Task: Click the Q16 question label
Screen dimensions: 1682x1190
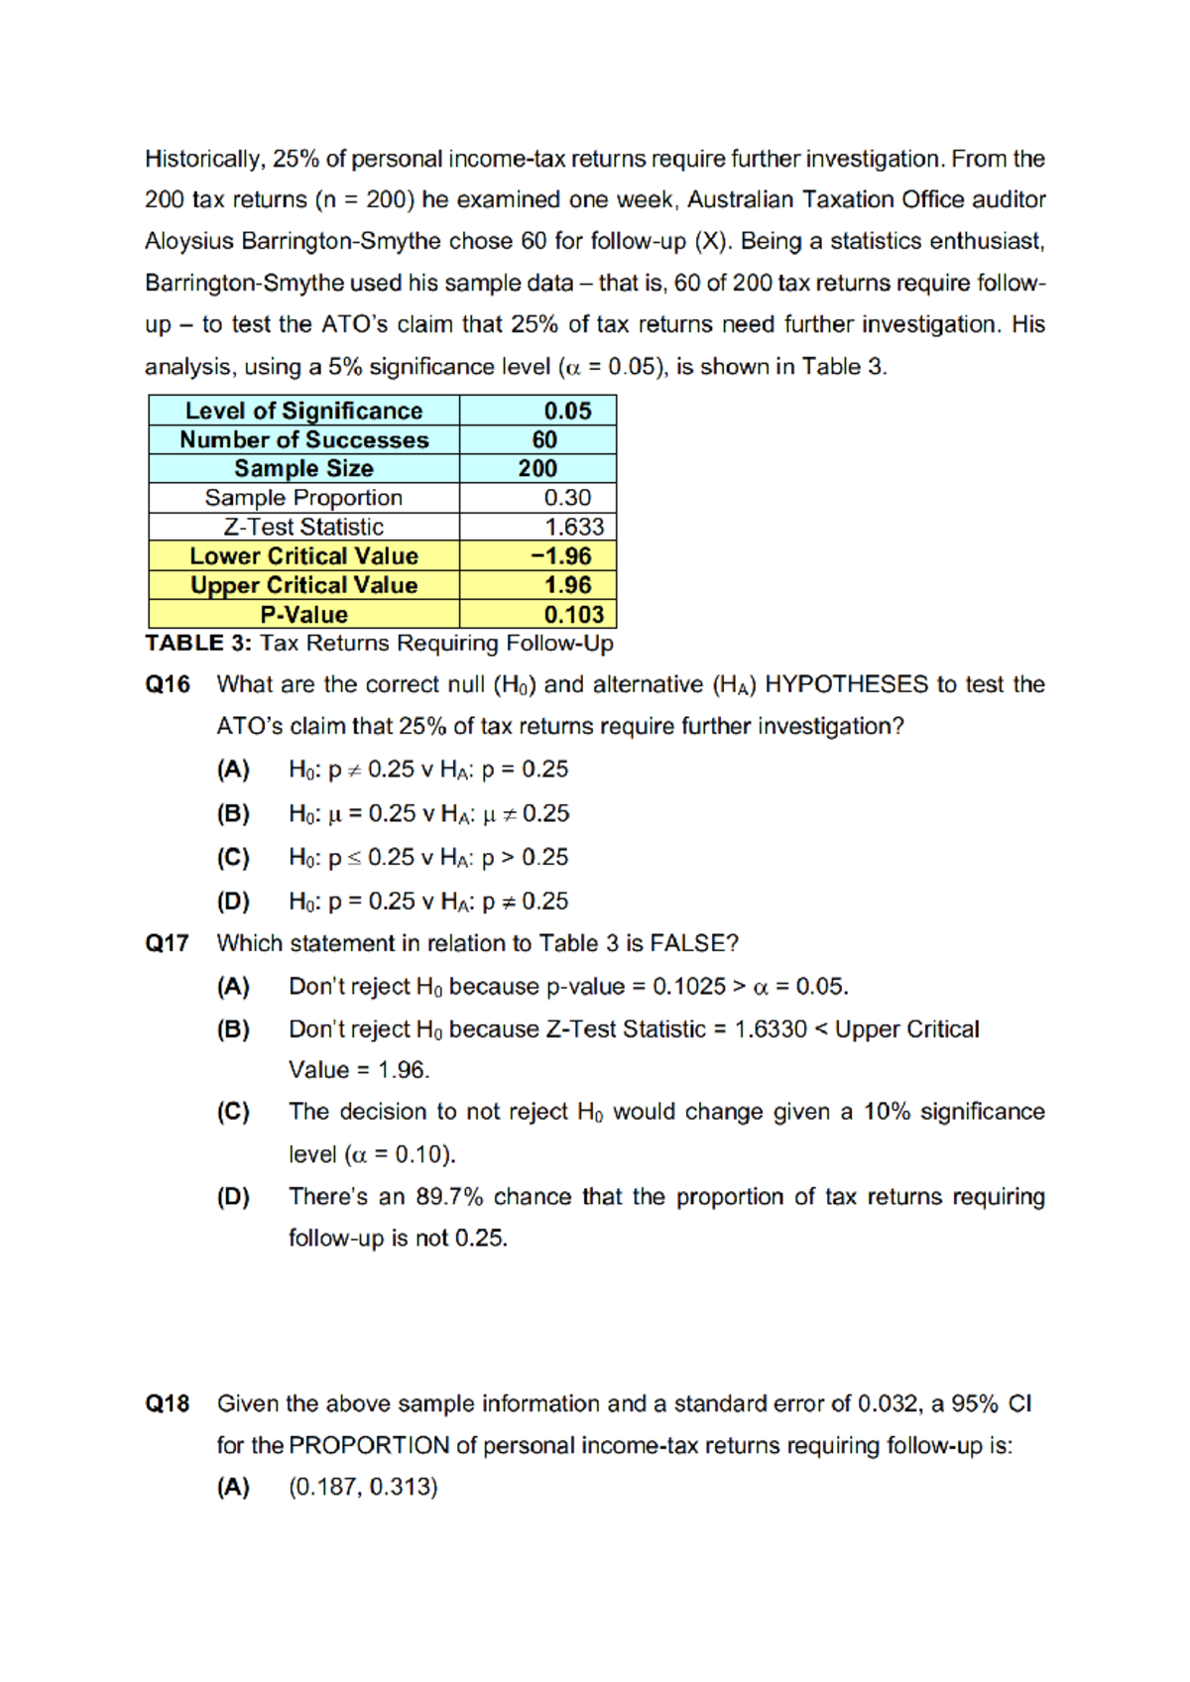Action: coord(167,685)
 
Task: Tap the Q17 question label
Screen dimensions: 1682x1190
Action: coord(167,943)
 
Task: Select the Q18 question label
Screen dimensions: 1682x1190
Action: coord(167,1404)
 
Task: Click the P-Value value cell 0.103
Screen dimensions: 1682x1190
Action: coord(573,615)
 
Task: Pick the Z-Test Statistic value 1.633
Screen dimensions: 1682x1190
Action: coord(573,528)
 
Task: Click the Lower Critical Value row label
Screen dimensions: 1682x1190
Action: coord(303,556)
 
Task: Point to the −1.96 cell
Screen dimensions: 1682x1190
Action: coord(561,556)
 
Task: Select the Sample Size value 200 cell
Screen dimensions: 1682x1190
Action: coord(537,469)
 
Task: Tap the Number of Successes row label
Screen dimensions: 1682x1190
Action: coord(303,440)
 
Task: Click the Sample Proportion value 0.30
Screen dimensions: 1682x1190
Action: coord(567,498)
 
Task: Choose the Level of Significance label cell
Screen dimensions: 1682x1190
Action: coord(303,411)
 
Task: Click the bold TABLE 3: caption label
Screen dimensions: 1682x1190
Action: coord(198,644)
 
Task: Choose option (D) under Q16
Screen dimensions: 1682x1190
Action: coord(233,901)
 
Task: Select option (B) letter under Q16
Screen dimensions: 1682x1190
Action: coord(233,814)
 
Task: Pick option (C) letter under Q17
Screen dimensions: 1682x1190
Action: coord(233,1112)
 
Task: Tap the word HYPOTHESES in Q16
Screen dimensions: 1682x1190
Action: coord(847,685)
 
